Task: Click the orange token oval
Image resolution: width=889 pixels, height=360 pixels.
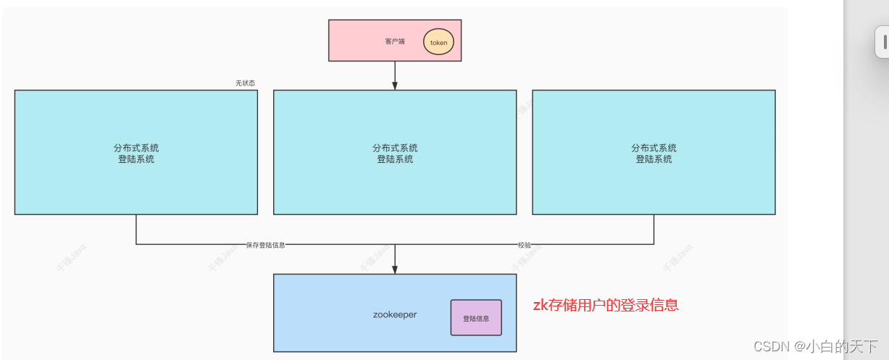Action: pos(438,42)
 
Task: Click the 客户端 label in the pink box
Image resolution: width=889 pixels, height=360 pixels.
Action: pos(395,41)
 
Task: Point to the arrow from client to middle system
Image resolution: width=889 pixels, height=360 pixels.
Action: pos(395,75)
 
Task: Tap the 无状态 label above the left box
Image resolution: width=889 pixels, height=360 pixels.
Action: pos(245,83)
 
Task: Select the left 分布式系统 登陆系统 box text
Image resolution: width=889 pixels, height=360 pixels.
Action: pos(136,154)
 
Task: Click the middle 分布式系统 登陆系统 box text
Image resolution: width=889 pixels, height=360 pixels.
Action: pos(395,154)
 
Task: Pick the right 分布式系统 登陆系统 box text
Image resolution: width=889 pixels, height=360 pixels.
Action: pos(654,154)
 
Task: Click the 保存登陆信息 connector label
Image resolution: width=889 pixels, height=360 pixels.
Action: pos(266,246)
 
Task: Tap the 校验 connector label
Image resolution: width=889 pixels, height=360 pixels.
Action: pos(524,246)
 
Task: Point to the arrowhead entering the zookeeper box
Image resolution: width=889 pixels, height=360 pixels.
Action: pos(395,269)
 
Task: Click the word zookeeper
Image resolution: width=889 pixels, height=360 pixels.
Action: pos(395,315)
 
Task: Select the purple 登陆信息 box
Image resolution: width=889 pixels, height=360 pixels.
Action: pos(476,317)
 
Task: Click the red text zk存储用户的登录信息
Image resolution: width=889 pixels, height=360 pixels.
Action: pos(606,305)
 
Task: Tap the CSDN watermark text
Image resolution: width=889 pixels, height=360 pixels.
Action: pos(771,346)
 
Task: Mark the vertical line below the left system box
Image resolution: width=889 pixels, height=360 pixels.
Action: pos(136,230)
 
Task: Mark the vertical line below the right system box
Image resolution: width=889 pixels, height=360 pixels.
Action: pos(654,230)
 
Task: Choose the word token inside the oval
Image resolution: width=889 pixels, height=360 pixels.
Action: pos(439,43)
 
